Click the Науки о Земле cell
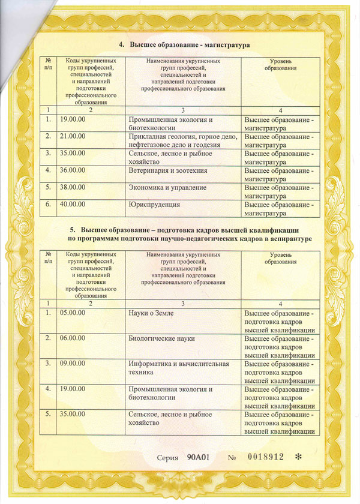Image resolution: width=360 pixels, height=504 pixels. tap(151, 313)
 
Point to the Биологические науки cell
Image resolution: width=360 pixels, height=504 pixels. tap(161, 338)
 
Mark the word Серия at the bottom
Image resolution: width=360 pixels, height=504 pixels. tap(167, 458)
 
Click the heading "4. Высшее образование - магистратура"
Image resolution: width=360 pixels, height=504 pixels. tap(184, 45)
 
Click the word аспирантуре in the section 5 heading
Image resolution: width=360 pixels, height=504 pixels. tap(286, 239)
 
